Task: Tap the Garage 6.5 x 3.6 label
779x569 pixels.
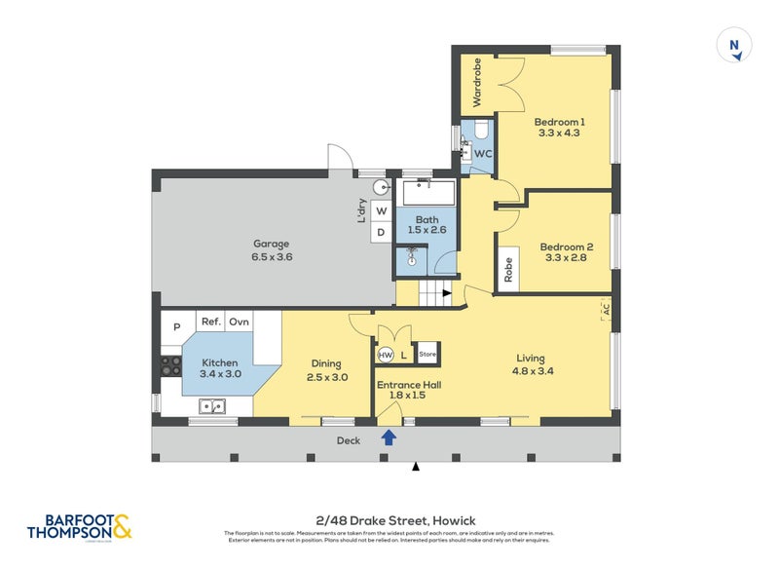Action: pos(273,250)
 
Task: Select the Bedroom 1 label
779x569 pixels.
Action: pos(559,127)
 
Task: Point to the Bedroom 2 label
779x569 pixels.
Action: pos(566,252)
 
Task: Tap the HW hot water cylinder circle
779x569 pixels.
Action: pos(386,355)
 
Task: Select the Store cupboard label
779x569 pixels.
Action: pos(427,354)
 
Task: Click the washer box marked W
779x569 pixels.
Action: pos(381,211)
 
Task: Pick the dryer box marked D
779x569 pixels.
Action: pos(381,233)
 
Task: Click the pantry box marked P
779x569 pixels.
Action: pos(176,326)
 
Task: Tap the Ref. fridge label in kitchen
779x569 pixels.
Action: pos(209,322)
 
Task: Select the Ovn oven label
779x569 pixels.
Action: pos(240,322)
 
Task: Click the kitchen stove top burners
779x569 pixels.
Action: pos(170,366)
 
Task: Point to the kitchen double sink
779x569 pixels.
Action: pos(212,406)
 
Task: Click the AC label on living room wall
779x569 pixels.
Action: pos(605,309)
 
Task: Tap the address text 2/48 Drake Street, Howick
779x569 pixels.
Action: pos(389,520)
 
